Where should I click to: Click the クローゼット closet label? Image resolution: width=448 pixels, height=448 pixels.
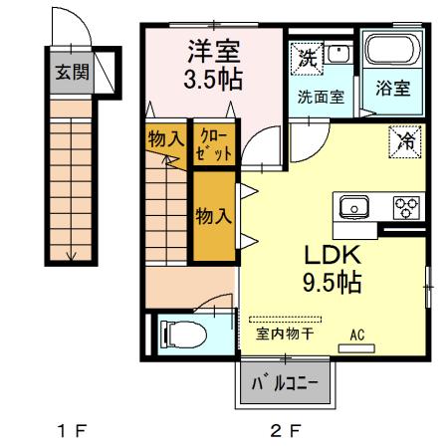click(x=215, y=145)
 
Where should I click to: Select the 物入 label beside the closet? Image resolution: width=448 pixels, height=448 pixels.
click(x=165, y=139)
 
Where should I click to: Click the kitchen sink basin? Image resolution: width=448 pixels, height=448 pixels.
click(x=354, y=208)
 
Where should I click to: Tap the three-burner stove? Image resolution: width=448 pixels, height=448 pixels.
click(x=406, y=208)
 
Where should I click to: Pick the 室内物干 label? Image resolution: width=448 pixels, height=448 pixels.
click(x=285, y=334)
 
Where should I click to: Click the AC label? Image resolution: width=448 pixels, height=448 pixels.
click(x=357, y=334)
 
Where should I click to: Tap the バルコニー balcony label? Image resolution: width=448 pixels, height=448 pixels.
click(x=283, y=383)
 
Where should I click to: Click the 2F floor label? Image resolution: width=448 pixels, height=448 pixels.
click(x=283, y=431)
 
